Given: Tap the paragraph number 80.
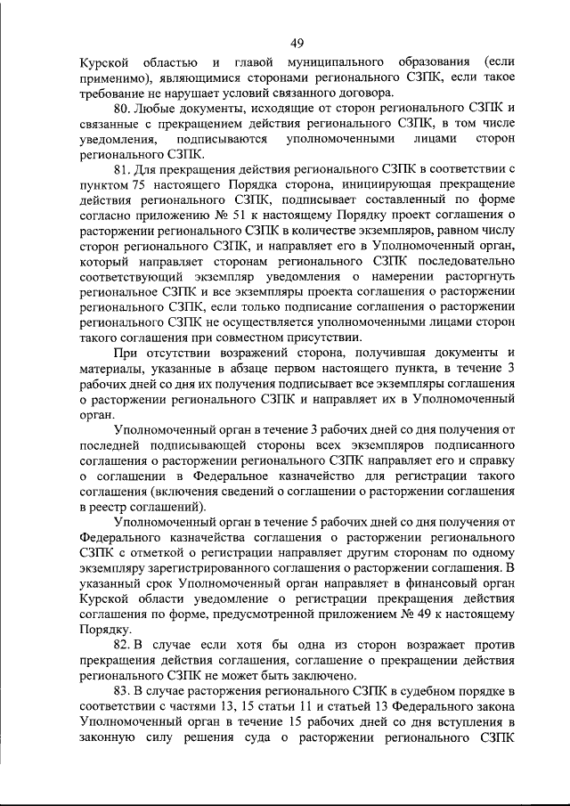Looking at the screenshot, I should (123, 109).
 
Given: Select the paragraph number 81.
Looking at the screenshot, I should (123, 169).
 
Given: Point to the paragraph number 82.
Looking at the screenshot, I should (123, 644).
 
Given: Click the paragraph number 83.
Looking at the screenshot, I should (123, 689).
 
